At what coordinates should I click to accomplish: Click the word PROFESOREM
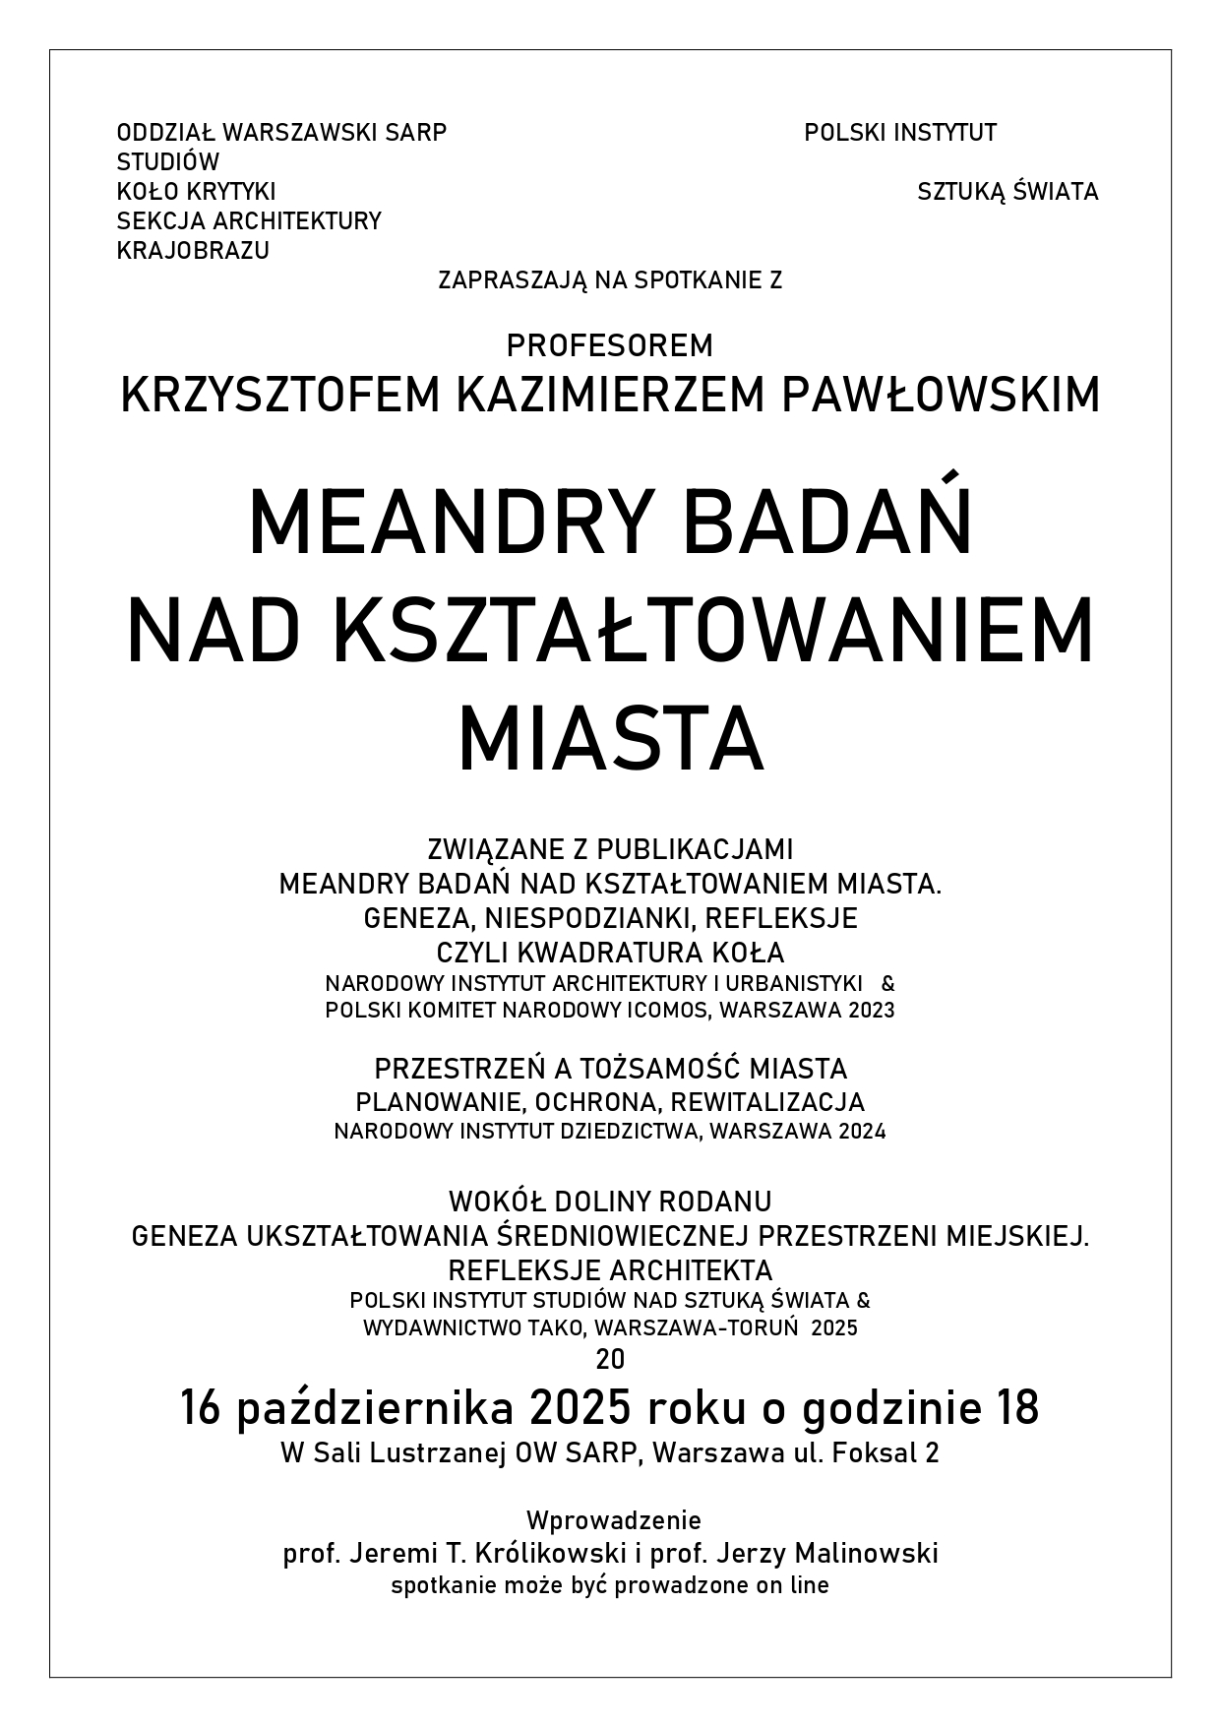click(610, 346)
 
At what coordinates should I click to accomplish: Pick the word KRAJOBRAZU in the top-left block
click(193, 251)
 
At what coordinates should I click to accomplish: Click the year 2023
click(868, 1011)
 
